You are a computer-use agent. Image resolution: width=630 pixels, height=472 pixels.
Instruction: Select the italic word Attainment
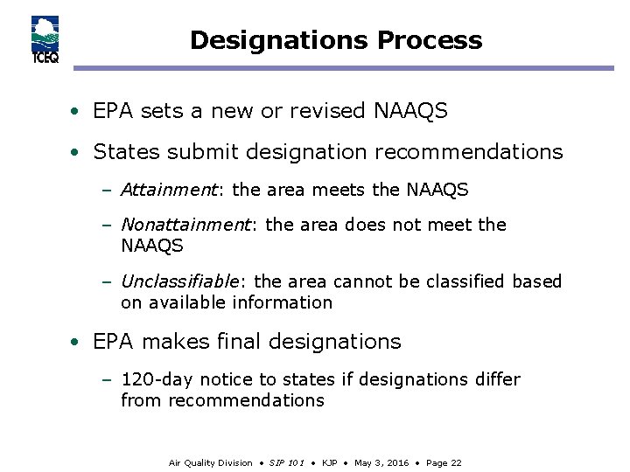coord(168,190)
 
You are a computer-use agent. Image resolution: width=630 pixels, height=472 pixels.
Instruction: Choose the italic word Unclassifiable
coord(179,281)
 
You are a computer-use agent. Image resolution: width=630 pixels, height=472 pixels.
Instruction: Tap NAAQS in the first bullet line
coord(410,111)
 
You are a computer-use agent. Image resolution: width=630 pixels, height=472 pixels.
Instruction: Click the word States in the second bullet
coord(123,152)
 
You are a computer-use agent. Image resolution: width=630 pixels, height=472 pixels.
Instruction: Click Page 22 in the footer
coord(444,462)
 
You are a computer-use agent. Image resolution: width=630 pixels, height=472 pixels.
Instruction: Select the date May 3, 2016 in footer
coord(381,462)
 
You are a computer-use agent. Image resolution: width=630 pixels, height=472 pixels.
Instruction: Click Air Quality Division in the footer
coord(210,462)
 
